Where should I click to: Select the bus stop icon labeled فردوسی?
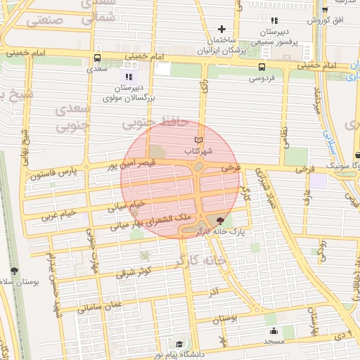pyautogui.click(x=262, y=67)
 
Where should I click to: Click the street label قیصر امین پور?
pyautogui.click(x=134, y=168)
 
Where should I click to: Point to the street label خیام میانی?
pyautogui.click(x=127, y=206)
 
